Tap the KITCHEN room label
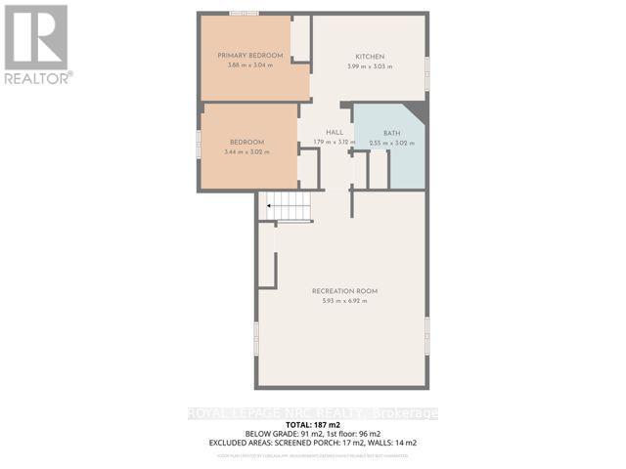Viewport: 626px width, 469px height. (x=369, y=57)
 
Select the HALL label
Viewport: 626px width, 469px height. (x=335, y=133)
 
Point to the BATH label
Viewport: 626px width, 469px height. (x=391, y=133)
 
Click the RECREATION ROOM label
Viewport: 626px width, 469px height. (x=344, y=291)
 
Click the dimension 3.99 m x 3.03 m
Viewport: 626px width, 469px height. (x=369, y=66)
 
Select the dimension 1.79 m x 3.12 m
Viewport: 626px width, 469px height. (x=335, y=143)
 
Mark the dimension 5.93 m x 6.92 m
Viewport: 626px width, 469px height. (x=344, y=301)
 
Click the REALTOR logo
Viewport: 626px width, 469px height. (x=36, y=44)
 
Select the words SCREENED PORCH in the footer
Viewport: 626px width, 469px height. (x=311, y=444)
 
